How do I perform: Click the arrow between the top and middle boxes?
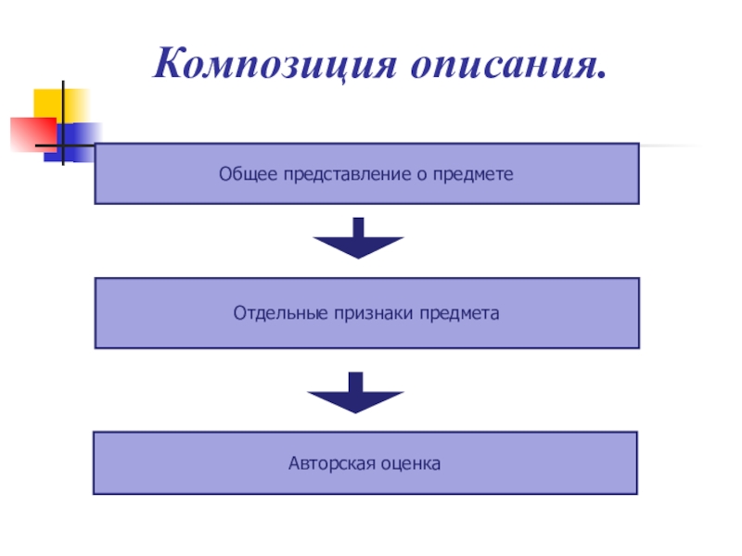[x=358, y=239]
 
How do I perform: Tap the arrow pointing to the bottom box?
[x=355, y=393]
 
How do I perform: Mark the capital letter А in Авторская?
[x=293, y=461]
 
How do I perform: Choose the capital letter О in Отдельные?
[x=239, y=314]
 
